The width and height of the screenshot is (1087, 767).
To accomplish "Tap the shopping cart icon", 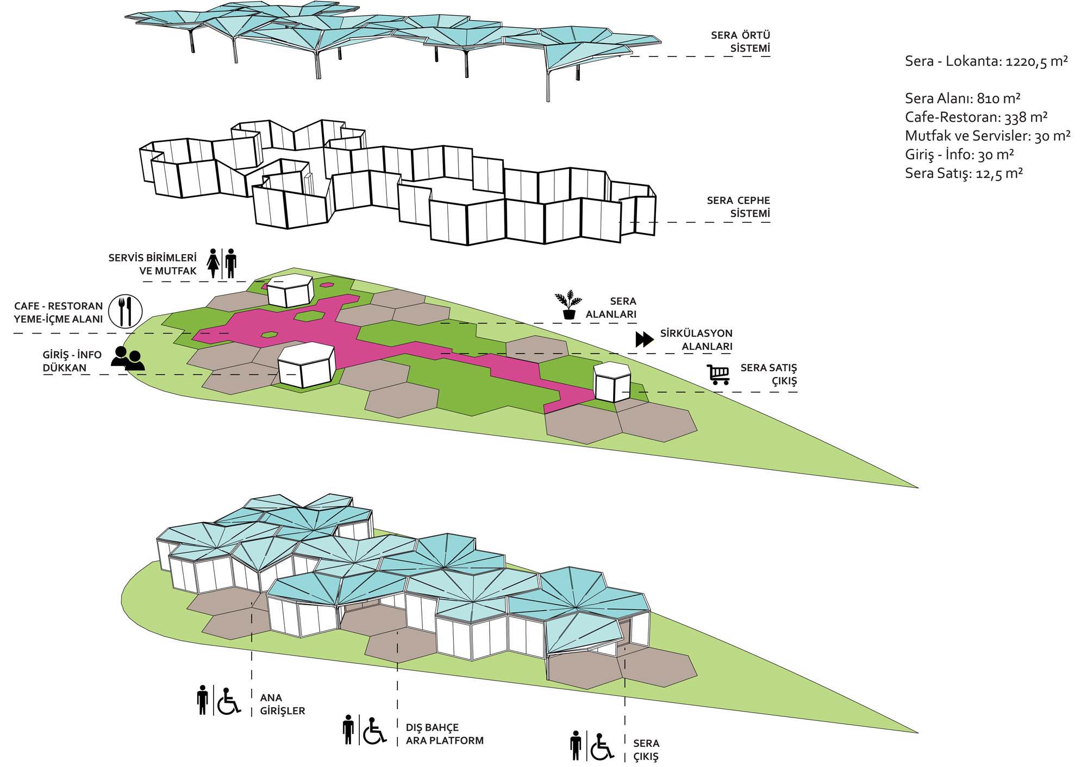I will pyautogui.click(x=718, y=374).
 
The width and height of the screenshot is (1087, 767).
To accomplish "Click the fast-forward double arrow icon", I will pyautogui.click(x=645, y=340).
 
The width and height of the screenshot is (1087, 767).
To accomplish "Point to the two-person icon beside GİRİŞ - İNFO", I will pyautogui.click(x=128, y=359).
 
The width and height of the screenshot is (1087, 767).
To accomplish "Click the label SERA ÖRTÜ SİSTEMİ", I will pyautogui.click(x=741, y=42).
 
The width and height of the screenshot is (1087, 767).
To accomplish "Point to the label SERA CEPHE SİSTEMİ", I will pyautogui.click(x=739, y=207).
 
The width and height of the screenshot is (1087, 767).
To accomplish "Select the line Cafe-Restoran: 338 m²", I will pyautogui.click(x=976, y=117).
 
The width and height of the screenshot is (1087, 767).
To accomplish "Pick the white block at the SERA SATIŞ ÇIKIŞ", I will pyautogui.click(x=611, y=382).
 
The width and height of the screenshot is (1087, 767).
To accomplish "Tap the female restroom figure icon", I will pyautogui.click(x=214, y=263).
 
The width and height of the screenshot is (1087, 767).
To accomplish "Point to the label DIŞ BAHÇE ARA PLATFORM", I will pyautogui.click(x=445, y=734).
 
